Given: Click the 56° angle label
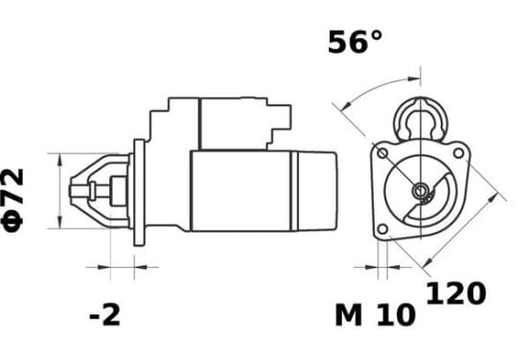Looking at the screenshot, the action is point(356,42).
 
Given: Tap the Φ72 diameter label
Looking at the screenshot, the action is point(13,200).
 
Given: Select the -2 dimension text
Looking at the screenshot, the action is point(104,315).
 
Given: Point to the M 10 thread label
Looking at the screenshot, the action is point(375,315).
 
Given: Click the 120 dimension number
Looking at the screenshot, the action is point(456,293).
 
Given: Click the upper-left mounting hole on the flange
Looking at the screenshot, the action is point(382,154).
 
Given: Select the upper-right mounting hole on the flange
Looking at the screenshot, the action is point(458,153).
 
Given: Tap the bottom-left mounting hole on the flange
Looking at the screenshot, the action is point(382,229).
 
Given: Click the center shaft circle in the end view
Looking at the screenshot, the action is point(421,191).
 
